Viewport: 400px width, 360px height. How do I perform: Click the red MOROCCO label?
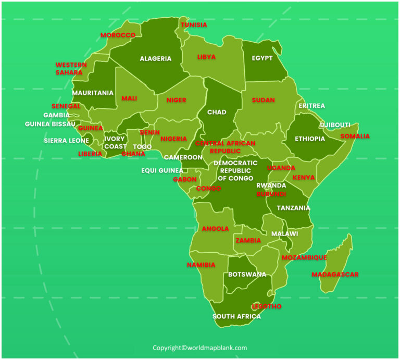point(118,35)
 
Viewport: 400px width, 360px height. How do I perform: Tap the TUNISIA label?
point(194,25)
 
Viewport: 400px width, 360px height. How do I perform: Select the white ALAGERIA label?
point(155,59)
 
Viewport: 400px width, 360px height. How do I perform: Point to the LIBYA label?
point(206,57)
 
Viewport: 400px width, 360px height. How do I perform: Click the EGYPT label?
point(262,58)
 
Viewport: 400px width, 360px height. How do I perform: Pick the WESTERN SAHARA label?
point(69,69)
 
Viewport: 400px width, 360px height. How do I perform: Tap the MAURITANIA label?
point(93,93)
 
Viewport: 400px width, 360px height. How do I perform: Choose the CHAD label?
point(217,113)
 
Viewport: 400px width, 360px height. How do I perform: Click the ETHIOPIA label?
point(310,139)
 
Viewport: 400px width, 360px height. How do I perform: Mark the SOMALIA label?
point(355,136)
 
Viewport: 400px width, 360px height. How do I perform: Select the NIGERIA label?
point(173,139)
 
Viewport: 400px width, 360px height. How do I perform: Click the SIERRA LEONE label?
point(66,141)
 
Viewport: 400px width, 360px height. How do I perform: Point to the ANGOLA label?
point(215,229)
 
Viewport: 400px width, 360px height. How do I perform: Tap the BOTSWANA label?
point(247,275)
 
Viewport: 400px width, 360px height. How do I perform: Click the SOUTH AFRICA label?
point(236,317)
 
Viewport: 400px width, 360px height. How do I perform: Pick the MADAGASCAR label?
point(335,275)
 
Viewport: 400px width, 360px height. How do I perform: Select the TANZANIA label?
point(293,208)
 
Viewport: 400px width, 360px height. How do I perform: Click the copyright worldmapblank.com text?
point(199,348)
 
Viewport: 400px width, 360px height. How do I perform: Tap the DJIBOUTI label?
point(335,125)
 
